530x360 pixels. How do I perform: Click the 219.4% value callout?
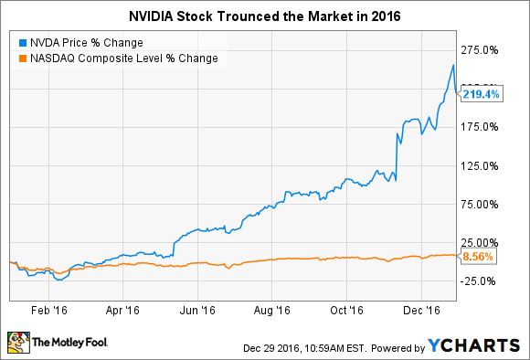pos(480,94)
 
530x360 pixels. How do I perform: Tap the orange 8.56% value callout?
pos(478,257)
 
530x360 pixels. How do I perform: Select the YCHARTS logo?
pos(474,346)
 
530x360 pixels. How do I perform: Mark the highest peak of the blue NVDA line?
pos(454,65)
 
